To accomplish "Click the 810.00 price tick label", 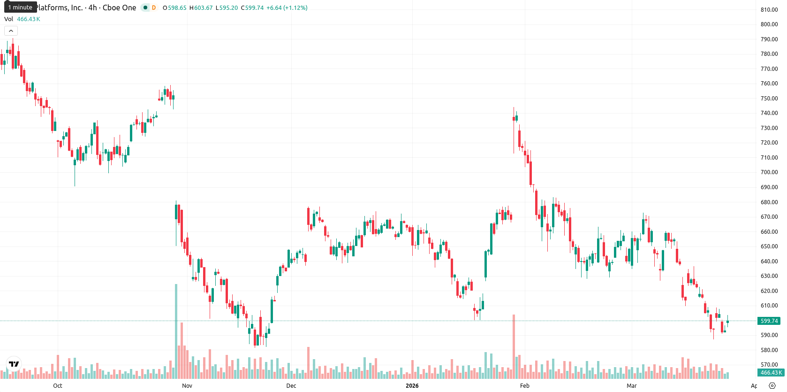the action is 769,9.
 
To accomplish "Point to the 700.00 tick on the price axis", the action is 769,172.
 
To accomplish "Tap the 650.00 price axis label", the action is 769,246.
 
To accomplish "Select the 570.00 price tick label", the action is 769,365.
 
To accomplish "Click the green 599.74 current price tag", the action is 769,321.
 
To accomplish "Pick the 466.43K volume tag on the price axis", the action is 771,373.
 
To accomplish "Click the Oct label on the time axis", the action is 58,386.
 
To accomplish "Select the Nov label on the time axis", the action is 187,386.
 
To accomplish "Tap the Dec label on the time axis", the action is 291,386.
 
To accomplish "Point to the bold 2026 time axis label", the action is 412,386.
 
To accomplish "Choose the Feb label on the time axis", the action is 524,386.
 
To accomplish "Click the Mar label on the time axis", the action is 632,386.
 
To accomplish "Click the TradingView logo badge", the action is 14,364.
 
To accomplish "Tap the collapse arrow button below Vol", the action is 11,31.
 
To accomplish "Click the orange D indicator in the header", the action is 154,8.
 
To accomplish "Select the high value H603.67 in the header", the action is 201,8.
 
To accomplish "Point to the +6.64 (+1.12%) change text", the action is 287,8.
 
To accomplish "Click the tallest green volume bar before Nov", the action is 176,331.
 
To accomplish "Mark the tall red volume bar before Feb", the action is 514,346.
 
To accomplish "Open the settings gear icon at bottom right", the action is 772,386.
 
